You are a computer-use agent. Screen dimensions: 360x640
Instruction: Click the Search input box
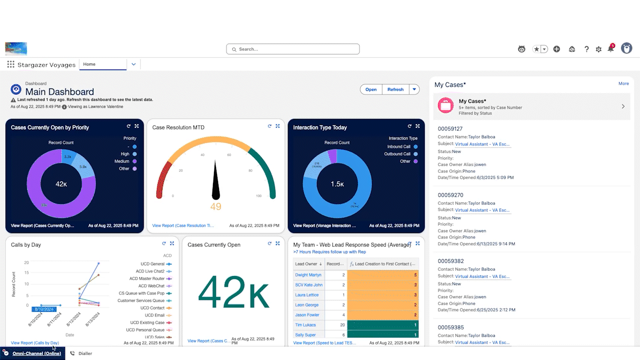point(293,49)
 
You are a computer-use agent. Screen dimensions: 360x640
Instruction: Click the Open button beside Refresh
point(370,89)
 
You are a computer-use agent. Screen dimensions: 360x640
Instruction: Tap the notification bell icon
point(610,49)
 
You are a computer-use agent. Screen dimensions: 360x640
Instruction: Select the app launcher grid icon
point(10,64)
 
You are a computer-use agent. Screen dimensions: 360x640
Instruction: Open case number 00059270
point(450,195)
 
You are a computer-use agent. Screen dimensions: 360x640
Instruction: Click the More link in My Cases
point(623,83)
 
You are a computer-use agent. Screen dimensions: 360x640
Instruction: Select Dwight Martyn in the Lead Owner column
point(308,275)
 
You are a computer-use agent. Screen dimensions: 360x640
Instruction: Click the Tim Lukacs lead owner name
point(305,325)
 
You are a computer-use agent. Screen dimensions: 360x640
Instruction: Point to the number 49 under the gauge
point(215,207)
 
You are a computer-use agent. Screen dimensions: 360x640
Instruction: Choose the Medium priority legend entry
point(122,161)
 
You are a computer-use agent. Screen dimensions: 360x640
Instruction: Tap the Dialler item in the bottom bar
point(85,353)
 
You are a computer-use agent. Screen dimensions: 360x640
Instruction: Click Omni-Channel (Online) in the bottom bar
point(36,353)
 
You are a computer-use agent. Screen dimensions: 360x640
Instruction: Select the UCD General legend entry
point(152,263)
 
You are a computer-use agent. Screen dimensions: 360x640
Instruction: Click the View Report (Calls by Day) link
point(35,343)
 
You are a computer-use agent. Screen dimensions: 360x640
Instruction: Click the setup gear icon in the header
point(598,49)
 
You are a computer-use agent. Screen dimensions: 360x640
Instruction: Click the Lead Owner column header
point(306,263)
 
